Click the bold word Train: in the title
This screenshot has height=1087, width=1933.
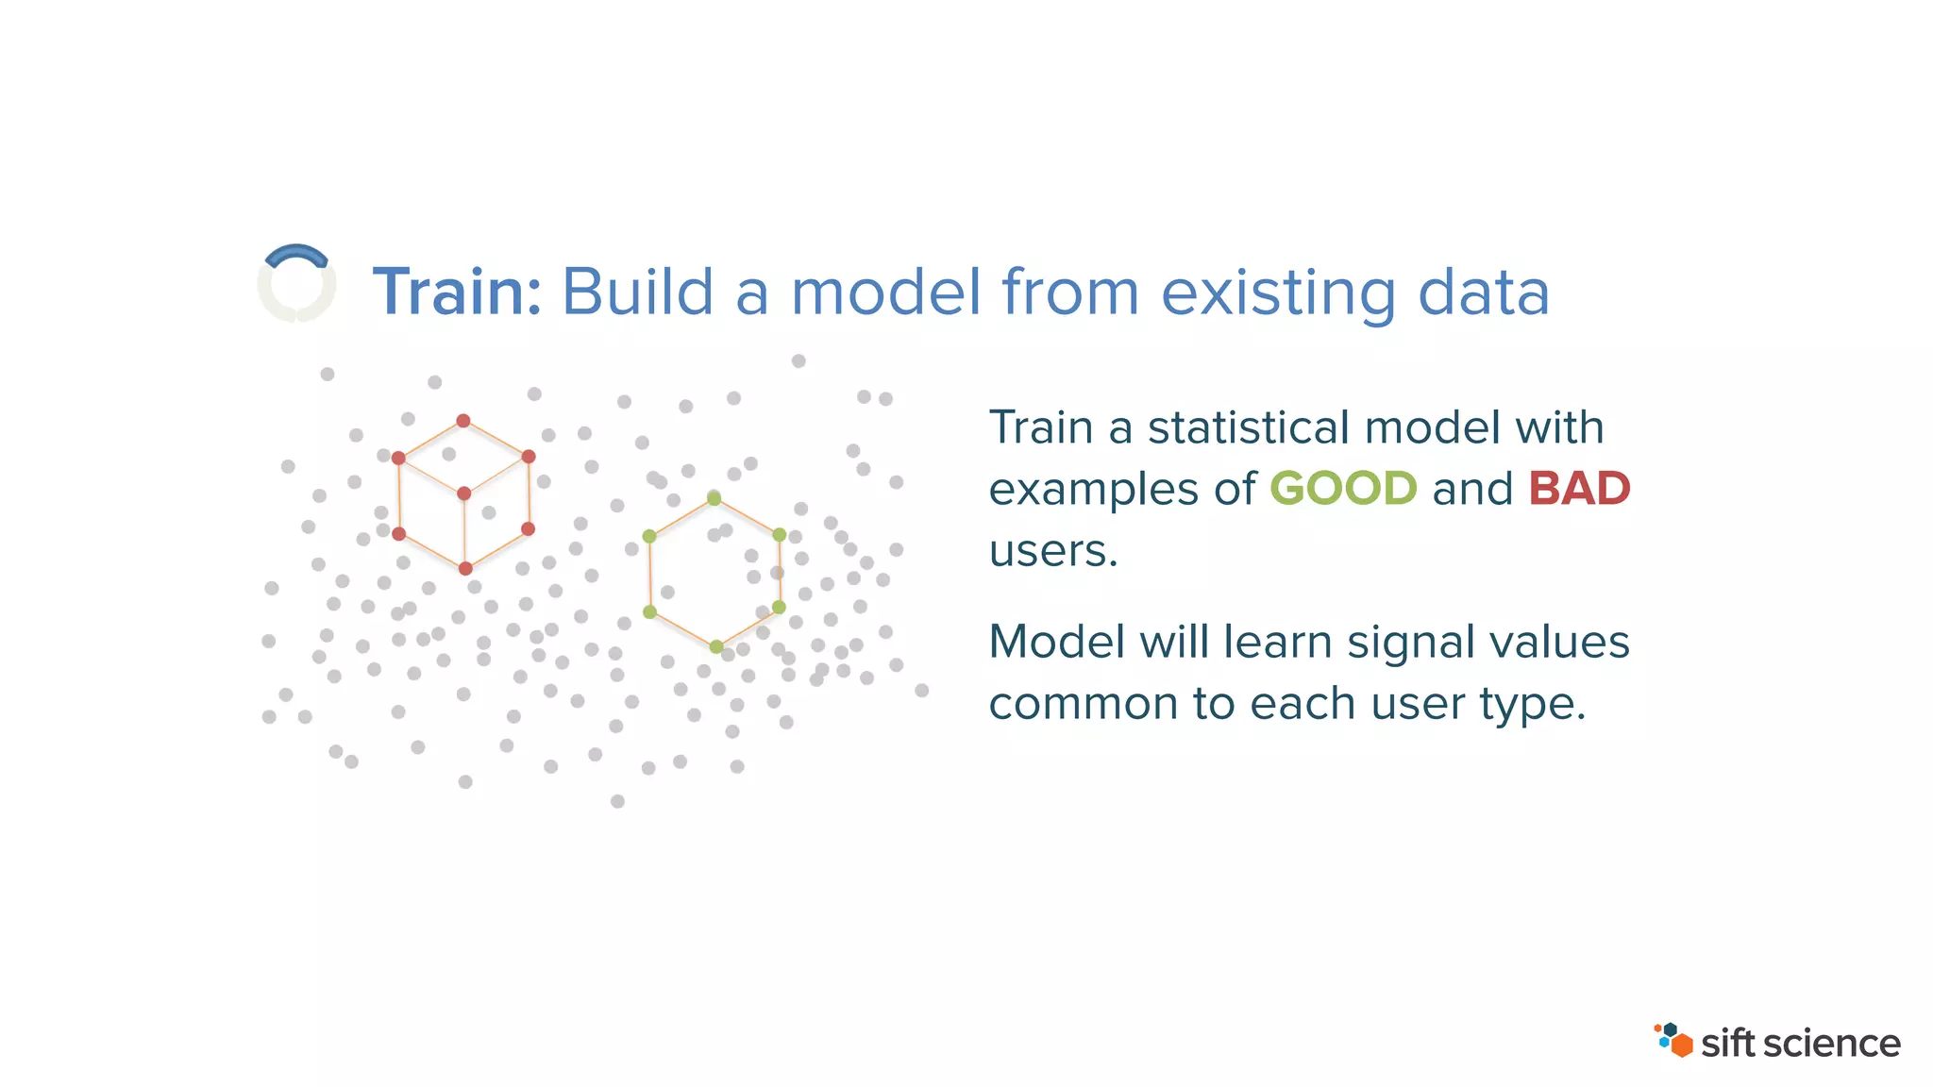point(457,293)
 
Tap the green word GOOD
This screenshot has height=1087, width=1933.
point(1342,489)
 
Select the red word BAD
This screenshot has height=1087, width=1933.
point(1579,489)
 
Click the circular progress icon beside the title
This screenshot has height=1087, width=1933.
point(296,283)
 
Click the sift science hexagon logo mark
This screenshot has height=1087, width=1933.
point(1673,1040)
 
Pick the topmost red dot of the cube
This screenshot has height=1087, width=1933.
point(463,421)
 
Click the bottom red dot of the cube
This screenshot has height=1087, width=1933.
point(465,568)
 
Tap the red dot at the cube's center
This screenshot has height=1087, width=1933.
point(463,493)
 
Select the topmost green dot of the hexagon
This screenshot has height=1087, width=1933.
point(714,498)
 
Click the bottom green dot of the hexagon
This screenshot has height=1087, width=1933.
point(716,646)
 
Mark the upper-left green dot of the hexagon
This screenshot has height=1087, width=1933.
point(649,536)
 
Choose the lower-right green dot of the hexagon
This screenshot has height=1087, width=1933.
point(779,607)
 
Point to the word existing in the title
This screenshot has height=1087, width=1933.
point(1278,293)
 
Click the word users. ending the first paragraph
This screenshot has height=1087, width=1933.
point(1052,551)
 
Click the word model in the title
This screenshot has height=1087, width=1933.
point(885,293)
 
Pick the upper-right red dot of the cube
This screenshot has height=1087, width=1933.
point(529,457)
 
